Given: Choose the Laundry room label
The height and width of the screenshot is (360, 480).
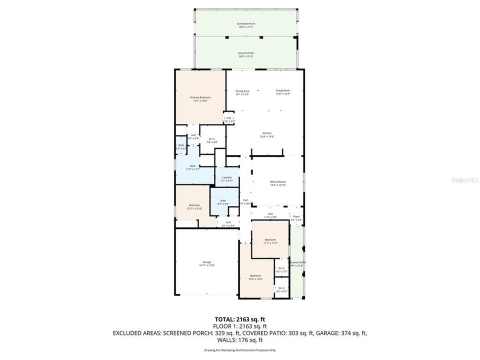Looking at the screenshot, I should click(x=227, y=178).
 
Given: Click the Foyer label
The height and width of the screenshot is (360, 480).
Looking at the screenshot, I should click(x=296, y=217).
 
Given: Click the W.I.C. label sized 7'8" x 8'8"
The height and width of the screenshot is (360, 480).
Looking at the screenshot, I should click(x=213, y=140).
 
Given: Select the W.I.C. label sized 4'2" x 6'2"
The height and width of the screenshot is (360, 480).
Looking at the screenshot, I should click(x=281, y=289).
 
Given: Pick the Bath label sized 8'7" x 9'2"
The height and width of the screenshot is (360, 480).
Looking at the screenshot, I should click(x=223, y=202).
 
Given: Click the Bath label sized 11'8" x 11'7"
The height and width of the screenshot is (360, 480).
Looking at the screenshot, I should click(x=192, y=167).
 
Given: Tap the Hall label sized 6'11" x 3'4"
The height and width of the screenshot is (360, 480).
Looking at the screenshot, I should click(x=228, y=223).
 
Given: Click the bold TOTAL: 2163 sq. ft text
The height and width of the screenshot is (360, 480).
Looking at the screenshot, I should click(x=239, y=318).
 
